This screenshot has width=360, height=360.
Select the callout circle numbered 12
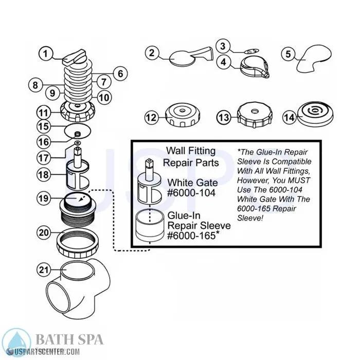150,118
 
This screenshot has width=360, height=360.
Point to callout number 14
290,118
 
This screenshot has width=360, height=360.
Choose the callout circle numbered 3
222,46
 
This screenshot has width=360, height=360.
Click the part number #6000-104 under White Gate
192,193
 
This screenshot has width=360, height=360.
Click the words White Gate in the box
192,183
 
